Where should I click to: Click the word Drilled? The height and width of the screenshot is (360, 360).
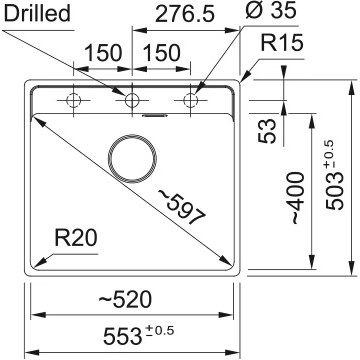[x=37, y=13]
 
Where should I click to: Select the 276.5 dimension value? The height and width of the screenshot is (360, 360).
[x=185, y=14]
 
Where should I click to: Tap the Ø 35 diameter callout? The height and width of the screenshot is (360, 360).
[x=271, y=10]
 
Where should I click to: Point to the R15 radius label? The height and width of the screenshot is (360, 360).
[x=282, y=43]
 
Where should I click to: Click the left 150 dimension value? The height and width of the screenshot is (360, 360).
[x=104, y=53]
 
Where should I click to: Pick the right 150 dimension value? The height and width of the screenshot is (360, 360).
[x=161, y=53]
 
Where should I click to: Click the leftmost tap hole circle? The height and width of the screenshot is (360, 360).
[x=74, y=100]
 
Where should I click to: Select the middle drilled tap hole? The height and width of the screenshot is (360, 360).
[x=132, y=100]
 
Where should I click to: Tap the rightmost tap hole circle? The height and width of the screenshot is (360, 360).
[x=190, y=100]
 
